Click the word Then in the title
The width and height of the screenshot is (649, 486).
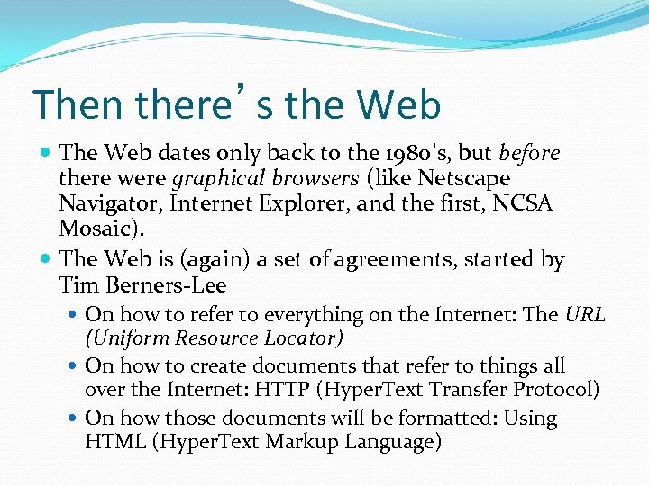click(x=78, y=104)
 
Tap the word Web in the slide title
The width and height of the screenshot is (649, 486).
click(x=399, y=104)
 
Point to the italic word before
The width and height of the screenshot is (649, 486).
click(x=529, y=154)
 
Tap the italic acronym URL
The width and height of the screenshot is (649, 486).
click(x=585, y=315)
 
